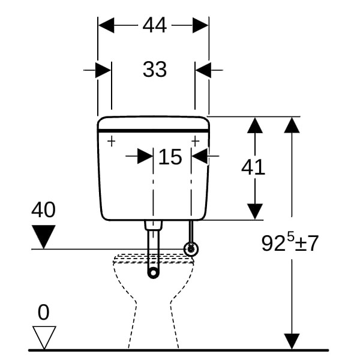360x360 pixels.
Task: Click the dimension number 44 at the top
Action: pyautogui.click(x=154, y=25)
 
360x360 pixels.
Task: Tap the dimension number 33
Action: pyautogui.click(x=154, y=70)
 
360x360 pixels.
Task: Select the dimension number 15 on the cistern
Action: pyautogui.click(x=170, y=157)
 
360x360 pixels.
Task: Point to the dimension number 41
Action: pyautogui.click(x=253, y=167)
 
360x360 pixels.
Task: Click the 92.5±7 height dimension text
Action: pyautogui.click(x=290, y=242)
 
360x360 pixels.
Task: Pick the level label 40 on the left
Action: pyautogui.click(x=43, y=210)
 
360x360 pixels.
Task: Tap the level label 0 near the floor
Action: pyautogui.click(x=43, y=312)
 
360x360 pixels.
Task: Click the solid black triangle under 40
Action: pyautogui.click(x=44, y=236)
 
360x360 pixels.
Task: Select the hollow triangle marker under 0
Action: pyautogui.click(x=44, y=337)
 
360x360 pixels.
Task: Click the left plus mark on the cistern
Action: pyautogui.click(x=111, y=141)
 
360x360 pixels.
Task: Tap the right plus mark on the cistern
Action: pyautogui.click(x=195, y=141)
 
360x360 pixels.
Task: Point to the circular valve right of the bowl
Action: pyautogui.click(x=191, y=249)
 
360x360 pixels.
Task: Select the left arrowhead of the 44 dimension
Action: pyautogui.click(x=106, y=25)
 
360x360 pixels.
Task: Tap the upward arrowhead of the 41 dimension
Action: pyautogui.click(x=256, y=125)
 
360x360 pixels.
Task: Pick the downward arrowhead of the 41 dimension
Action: pyautogui.click(x=256, y=211)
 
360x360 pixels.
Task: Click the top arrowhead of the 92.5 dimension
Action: pyautogui.click(x=292, y=125)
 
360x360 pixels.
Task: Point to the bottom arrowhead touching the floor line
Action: pyautogui.click(x=292, y=341)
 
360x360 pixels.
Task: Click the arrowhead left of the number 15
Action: pyautogui.click(x=145, y=157)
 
